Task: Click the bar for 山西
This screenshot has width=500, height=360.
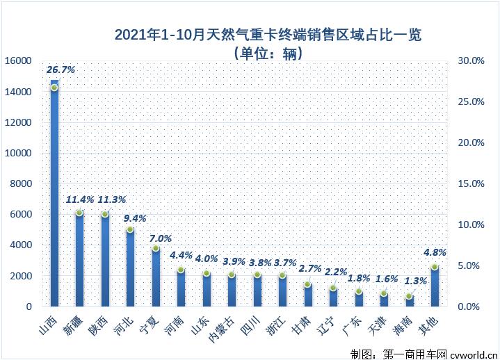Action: tap(54, 195)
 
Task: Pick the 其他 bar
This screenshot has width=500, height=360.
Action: tap(435, 286)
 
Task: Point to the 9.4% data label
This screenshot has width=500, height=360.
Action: tap(135, 218)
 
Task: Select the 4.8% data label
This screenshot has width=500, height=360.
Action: tap(435, 252)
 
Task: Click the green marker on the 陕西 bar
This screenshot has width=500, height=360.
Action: tap(105, 214)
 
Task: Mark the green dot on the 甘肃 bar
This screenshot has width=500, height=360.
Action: tap(307, 284)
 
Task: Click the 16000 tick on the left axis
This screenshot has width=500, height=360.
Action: tap(18, 61)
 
